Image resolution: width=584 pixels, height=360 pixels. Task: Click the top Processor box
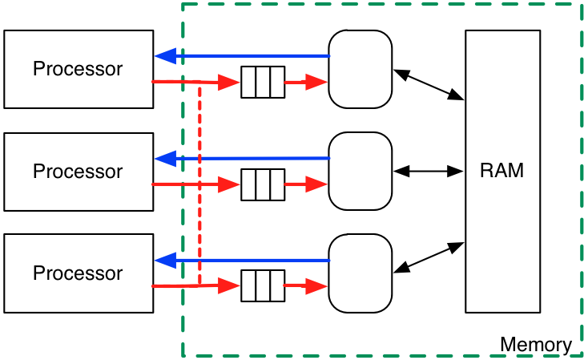pos(78,69)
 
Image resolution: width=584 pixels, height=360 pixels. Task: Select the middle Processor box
pos(78,172)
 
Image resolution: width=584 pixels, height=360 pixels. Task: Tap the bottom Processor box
pos(78,273)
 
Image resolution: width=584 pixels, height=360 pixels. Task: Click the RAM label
pos(502,171)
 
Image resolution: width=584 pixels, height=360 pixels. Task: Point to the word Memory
pos(535,346)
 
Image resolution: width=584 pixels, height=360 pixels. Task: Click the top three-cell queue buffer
pos(263,82)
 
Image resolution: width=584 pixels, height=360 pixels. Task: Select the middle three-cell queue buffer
pos(263,184)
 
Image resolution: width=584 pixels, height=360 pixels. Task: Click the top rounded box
pos(360,69)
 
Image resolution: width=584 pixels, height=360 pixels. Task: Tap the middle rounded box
pos(360,171)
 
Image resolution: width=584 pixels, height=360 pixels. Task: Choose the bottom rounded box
pos(360,273)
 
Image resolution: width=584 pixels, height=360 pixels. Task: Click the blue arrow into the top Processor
pos(240,56)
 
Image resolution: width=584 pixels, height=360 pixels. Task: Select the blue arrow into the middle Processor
pos(240,159)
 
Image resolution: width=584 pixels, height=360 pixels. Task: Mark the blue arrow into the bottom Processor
pos(240,261)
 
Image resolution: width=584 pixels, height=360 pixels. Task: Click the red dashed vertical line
pos(199,184)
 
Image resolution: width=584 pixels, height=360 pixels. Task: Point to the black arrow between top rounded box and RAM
pos(429,84)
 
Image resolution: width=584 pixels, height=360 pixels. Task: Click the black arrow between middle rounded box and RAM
pos(429,171)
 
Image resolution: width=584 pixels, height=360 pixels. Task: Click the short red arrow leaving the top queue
pos(306,82)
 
